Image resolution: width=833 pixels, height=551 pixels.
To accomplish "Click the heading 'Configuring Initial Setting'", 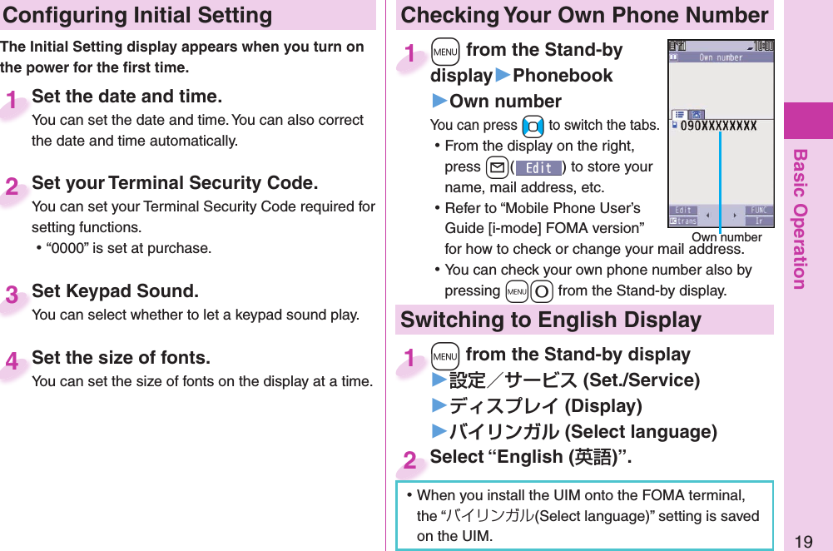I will pyautogui.click(x=136, y=15).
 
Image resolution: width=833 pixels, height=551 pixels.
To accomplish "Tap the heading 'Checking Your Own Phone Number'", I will pyautogui.click(x=584, y=15).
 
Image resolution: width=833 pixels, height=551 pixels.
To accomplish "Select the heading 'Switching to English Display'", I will pyautogui.click(x=551, y=320).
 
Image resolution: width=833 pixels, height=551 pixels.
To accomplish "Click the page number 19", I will pyautogui.click(x=803, y=542).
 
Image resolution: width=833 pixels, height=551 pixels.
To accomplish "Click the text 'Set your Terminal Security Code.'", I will pyautogui.click(x=175, y=182).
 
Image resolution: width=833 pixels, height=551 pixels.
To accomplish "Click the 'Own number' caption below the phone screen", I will pyautogui.click(x=726, y=237).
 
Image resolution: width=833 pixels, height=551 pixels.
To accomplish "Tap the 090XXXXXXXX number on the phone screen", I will pyautogui.click(x=720, y=127).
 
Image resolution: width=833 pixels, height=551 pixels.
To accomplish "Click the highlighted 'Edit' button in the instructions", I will pyautogui.click(x=538, y=167).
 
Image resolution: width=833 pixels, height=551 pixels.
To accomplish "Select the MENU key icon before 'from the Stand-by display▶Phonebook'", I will pyautogui.click(x=445, y=52).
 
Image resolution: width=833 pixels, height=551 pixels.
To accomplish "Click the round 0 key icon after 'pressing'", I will pyautogui.click(x=542, y=291).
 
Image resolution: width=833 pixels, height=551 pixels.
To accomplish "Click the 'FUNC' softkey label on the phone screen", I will pyautogui.click(x=759, y=210).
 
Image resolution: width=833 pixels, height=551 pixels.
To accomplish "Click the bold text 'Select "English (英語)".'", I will pyautogui.click(x=531, y=457).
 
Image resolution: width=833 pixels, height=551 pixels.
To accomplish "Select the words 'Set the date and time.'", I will pyautogui.click(x=126, y=97).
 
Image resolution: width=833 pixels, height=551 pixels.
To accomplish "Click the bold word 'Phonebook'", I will pyautogui.click(x=563, y=76).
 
